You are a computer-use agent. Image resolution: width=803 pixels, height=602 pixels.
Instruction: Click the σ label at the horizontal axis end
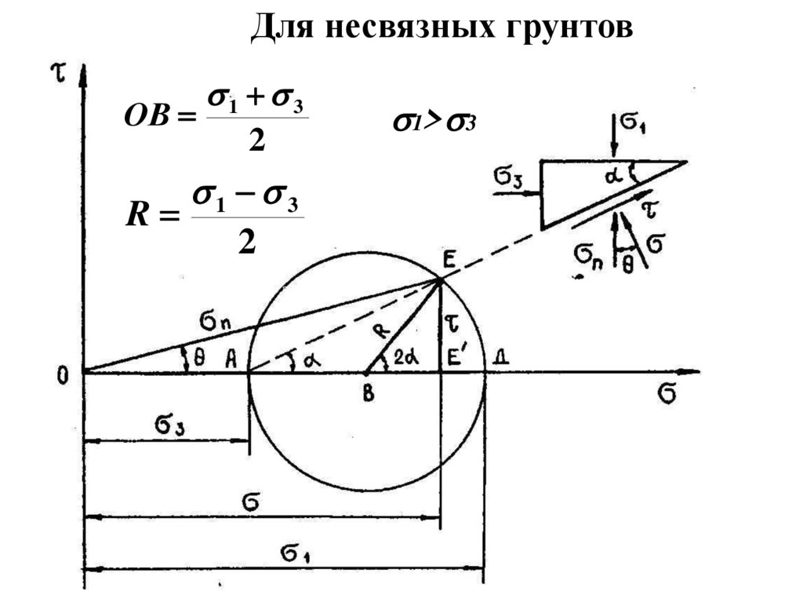click(x=667, y=393)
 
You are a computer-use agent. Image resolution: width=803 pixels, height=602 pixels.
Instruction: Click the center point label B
click(x=367, y=393)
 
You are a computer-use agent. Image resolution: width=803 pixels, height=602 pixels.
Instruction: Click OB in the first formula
click(x=146, y=117)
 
